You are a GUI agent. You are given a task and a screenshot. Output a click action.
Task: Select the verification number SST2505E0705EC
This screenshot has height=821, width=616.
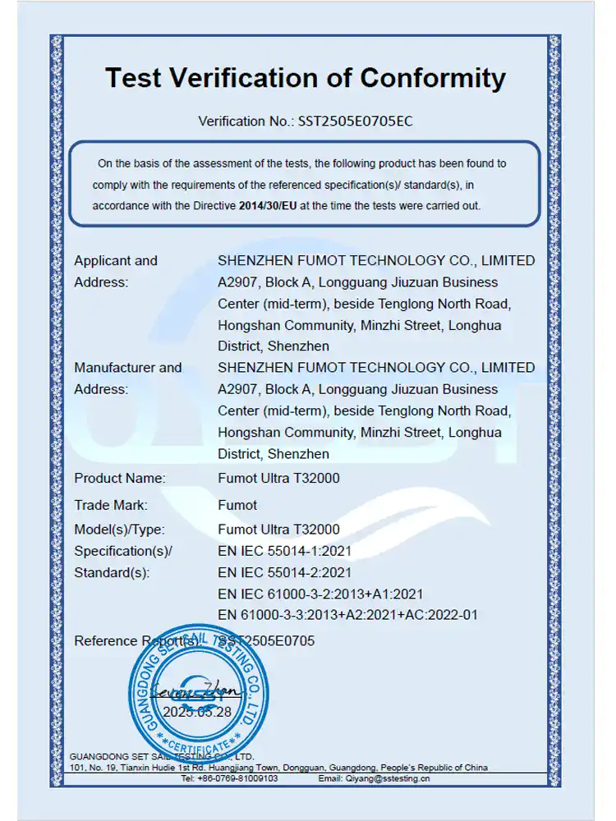point(355,122)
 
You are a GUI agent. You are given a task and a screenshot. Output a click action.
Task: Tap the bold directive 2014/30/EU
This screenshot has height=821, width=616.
point(268,206)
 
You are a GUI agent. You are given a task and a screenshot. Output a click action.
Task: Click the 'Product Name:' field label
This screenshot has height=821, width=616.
point(120,478)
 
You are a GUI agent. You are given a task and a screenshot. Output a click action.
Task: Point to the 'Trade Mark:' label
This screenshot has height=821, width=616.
point(111,505)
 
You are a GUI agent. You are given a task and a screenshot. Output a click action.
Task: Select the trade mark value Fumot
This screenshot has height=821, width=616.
point(237,505)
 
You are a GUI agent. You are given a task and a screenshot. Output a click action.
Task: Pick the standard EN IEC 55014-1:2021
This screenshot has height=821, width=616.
point(284,551)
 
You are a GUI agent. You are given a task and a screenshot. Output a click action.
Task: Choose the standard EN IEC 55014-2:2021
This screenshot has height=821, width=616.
point(284,572)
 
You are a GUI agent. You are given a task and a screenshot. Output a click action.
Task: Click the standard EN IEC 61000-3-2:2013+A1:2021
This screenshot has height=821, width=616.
point(320,594)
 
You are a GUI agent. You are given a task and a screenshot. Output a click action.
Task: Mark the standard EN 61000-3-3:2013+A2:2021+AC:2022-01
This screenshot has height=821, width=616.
point(347,615)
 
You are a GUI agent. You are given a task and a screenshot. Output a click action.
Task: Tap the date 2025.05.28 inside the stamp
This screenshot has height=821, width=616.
point(197,712)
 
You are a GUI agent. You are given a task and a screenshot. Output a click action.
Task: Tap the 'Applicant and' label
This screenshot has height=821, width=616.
point(116,261)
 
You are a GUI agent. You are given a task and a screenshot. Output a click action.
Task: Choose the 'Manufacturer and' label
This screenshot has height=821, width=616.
point(128,368)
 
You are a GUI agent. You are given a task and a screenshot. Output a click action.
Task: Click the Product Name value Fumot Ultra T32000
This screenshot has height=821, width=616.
point(278,478)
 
